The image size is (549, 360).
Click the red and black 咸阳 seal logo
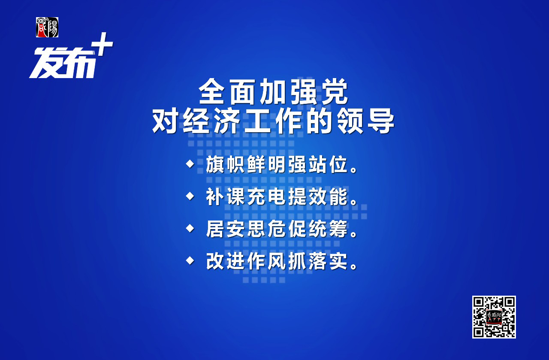[47, 27]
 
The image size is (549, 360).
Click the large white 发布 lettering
[63, 63]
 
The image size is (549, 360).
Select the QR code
[494, 317]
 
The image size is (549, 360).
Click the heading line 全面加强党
[273, 91]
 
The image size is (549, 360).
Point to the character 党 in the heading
[335, 91]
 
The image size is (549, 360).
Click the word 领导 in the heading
[365, 121]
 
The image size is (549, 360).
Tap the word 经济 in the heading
[211, 121]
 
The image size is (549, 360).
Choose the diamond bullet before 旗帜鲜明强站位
[190, 164]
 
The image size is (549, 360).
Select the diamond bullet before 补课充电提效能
[190, 196]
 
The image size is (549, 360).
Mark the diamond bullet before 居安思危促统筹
[190, 228]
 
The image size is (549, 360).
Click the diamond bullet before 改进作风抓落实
[190, 260]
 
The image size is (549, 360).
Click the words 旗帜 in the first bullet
[225, 164]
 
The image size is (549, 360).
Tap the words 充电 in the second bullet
[266, 197]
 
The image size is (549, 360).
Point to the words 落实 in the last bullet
[329, 261]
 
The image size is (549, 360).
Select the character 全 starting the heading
[212, 91]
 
